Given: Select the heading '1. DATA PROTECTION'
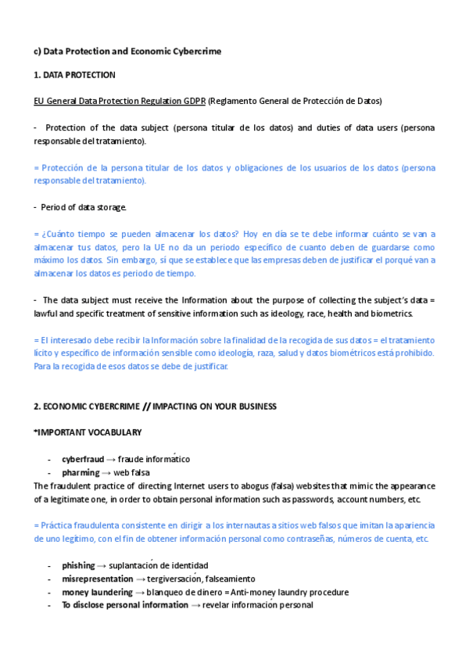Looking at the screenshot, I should coord(74,76).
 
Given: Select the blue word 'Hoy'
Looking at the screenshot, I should coord(250,234).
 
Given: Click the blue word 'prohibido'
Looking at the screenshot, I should coord(414,353).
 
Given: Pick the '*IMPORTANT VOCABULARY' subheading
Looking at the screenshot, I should coord(88,432).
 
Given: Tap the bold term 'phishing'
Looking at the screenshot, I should coord(79,565).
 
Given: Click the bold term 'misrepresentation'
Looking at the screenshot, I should coord(98,579).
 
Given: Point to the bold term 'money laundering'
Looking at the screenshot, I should coord(96,592).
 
